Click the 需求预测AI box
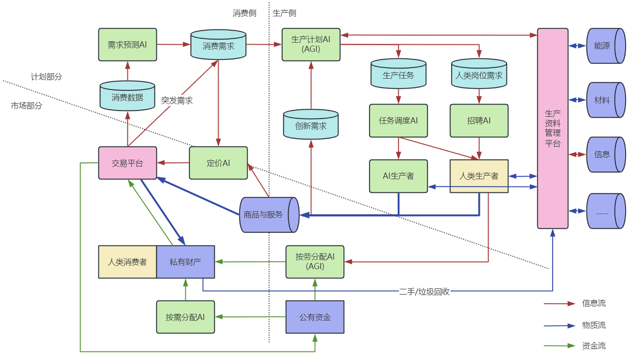pos(127,44)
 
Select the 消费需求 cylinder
pos(218,45)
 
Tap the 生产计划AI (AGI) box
pos(311,44)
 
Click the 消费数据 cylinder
pos(127,97)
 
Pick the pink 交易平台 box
pos(127,163)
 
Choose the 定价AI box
pos(218,163)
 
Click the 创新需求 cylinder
pos(311,126)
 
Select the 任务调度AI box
pos(398,120)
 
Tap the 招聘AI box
pos(479,120)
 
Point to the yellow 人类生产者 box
pos(479,176)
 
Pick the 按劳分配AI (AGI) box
pos(315,262)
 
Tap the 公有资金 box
pos(315,316)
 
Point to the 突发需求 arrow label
pos(177,100)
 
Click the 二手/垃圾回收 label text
pos(424,291)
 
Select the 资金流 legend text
pos(594,346)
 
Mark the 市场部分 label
pos(27,105)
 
